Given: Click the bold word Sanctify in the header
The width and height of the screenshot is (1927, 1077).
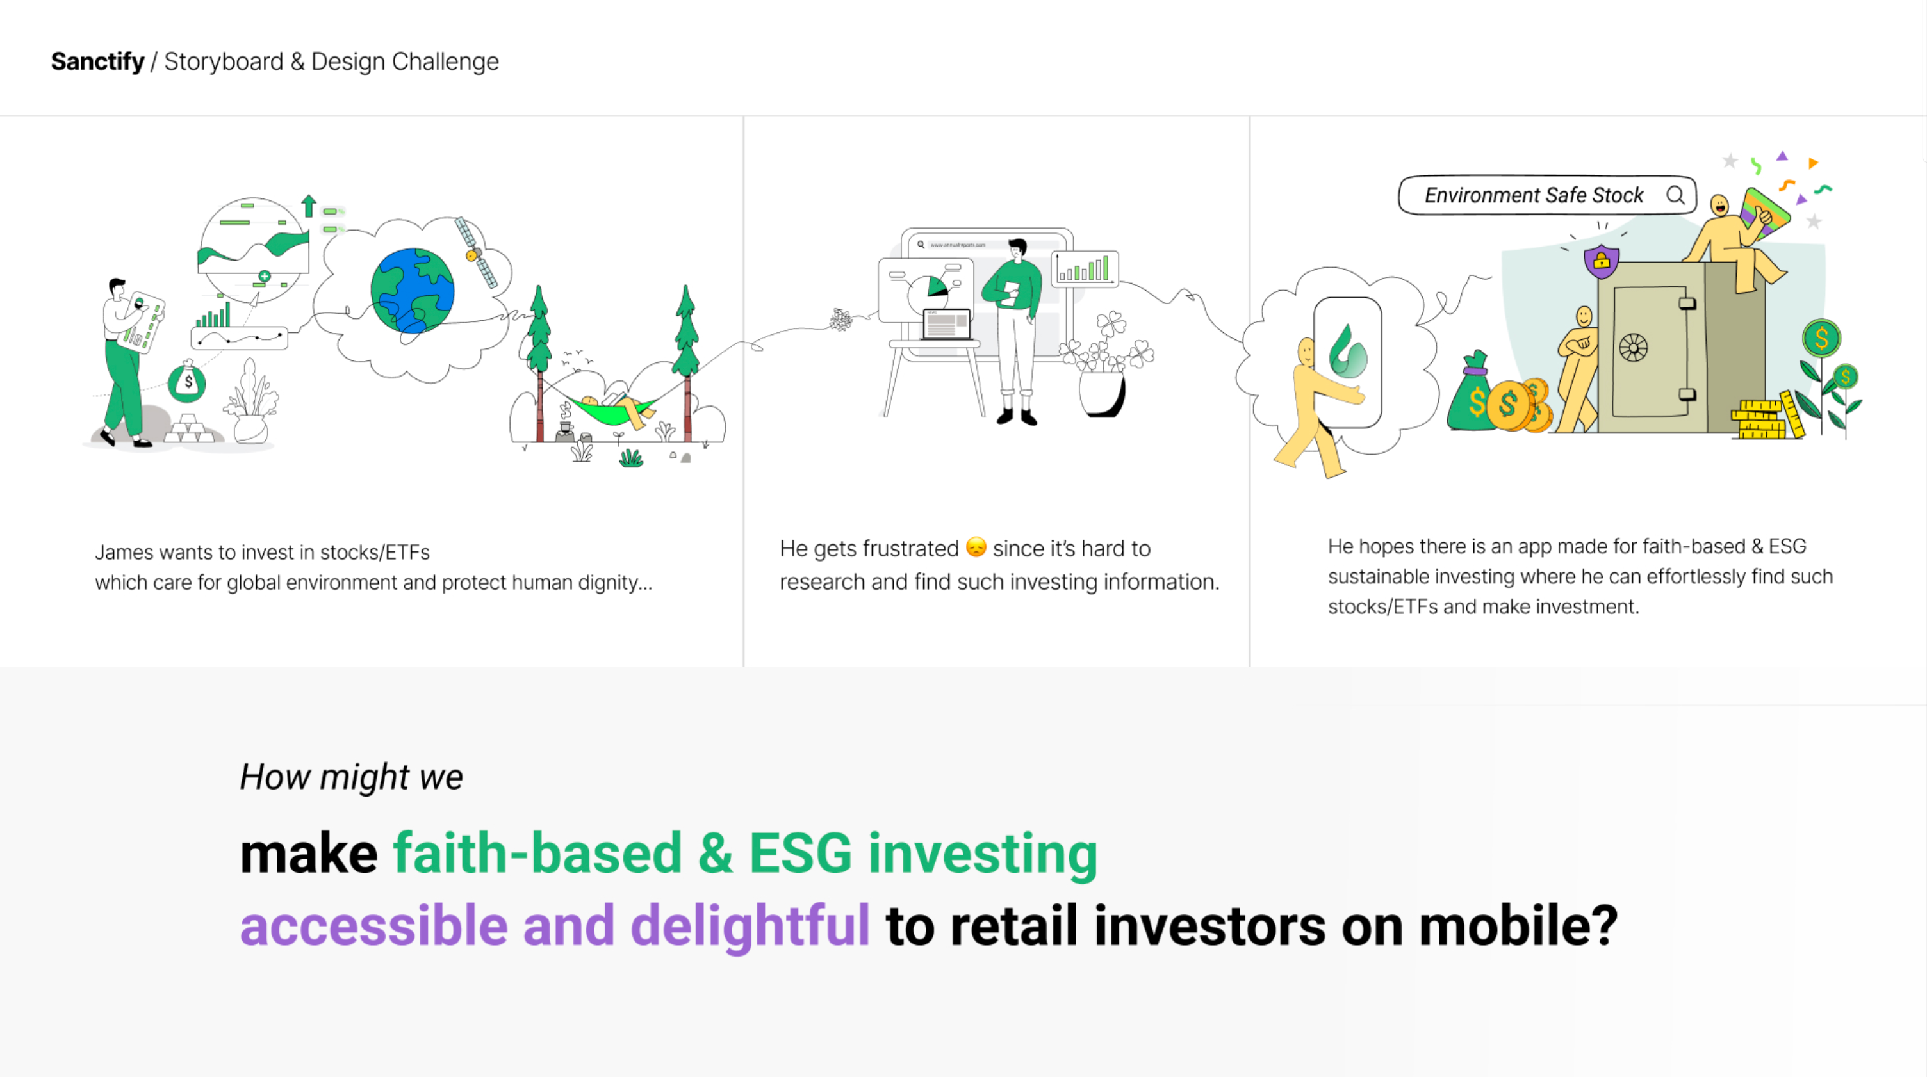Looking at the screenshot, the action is click(97, 61).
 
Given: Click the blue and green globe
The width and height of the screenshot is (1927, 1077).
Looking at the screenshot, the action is click(412, 290).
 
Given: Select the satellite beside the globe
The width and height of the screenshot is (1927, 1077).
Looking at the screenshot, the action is click(477, 252).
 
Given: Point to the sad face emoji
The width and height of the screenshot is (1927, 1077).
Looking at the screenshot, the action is click(976, 547).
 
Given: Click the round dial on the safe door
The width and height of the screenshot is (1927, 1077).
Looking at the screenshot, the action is click(1633, 348).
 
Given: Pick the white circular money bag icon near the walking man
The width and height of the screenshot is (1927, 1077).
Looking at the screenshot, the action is click(187, 382).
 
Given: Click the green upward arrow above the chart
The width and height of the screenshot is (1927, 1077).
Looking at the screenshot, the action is click(309, 206).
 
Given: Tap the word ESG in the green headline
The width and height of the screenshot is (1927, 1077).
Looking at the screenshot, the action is click(800, 854).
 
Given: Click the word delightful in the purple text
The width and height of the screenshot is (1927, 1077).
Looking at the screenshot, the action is click(750, 926).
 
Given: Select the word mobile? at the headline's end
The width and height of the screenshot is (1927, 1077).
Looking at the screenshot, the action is click(1518, 926).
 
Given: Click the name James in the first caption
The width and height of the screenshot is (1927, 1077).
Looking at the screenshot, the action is click(124, 552).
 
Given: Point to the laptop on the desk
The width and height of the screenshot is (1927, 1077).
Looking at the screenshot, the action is click(946, 325).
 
